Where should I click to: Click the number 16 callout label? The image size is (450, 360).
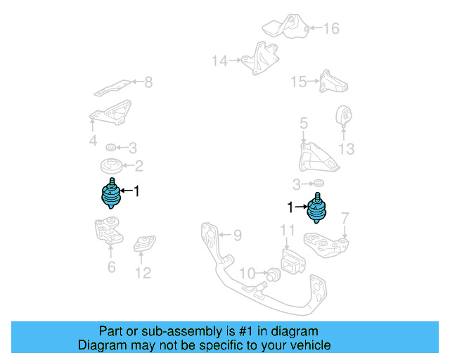tap(330, 29)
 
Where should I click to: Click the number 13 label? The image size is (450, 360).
tap(347, 149)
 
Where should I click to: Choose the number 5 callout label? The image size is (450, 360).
tap(304, 124)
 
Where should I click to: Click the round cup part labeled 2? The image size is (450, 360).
tap(110, 169)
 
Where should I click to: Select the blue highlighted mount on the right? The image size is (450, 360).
tap(319, 209)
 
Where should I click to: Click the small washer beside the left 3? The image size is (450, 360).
tap(110, 148)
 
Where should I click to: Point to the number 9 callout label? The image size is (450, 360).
tap(237, 234)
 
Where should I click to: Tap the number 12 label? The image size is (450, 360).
tap(143, 273)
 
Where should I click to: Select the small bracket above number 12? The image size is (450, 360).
tap(143, 244)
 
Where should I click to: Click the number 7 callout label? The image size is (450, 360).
tap(345, 219)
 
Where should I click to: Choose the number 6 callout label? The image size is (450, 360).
tap(111, 266)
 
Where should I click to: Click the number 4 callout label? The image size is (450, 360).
tap(93, 141)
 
